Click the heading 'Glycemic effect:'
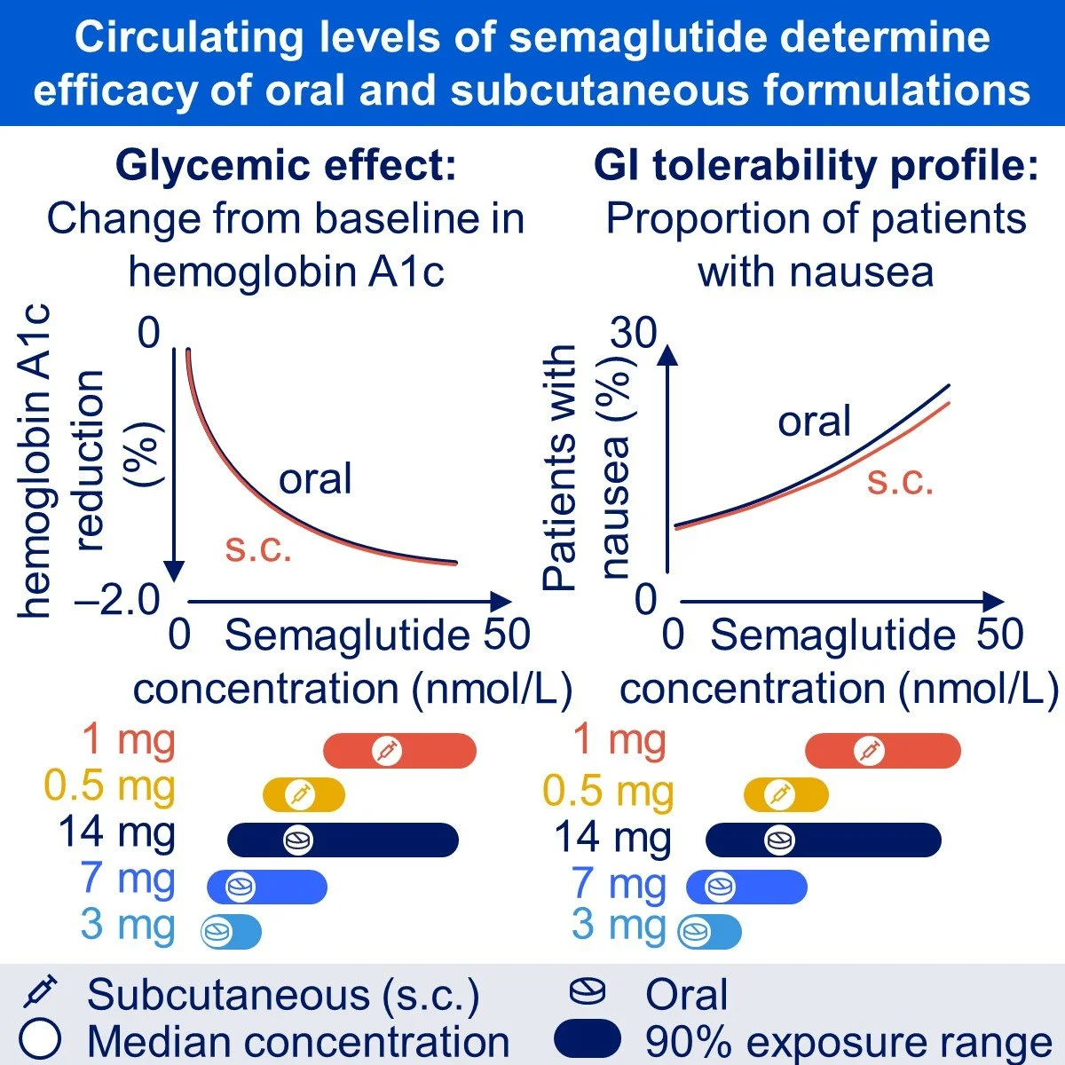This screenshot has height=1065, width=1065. click(286, 166)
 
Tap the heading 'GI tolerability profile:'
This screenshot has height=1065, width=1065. click(816, 166)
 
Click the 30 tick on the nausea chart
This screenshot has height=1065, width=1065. click(633, 333)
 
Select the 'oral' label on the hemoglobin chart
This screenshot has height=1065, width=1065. click(315, 479)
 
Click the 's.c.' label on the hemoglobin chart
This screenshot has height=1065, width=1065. click(258, 548)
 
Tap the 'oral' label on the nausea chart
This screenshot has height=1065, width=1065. click(814, 421)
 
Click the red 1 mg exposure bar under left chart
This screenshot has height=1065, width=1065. click(399, 751)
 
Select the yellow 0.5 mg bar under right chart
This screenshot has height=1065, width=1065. click(785, 794)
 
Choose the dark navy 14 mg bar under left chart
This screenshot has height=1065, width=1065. click(343, 840)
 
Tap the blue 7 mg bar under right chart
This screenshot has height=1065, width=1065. click(746, 887)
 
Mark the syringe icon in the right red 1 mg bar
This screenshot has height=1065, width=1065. click(869, 751)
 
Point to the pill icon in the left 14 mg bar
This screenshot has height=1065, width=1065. click(298, 840)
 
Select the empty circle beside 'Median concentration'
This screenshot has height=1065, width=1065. click(39, 1039)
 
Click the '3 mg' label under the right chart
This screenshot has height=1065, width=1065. click(619, 925)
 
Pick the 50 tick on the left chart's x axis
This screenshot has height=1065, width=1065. click(506, 635)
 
